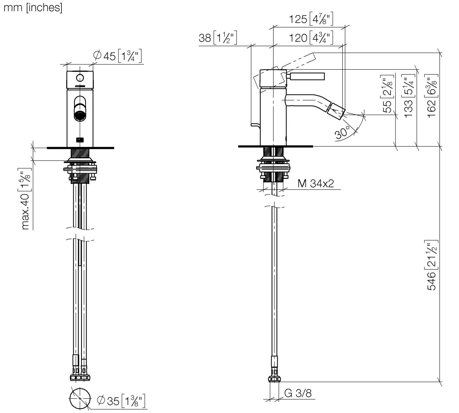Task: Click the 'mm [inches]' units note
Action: click(33, 7)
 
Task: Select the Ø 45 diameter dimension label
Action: click(117, 56)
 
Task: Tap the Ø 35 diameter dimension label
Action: click(121, 401)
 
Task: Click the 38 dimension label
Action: click(218, 38)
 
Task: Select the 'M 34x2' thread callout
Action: click(315, 184)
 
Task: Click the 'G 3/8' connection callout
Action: click(298, 393)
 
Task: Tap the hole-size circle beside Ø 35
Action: click(80, 398)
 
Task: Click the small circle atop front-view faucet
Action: click(80, 78)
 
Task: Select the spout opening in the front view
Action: click(80, 116)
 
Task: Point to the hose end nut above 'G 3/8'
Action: click(274, 379)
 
